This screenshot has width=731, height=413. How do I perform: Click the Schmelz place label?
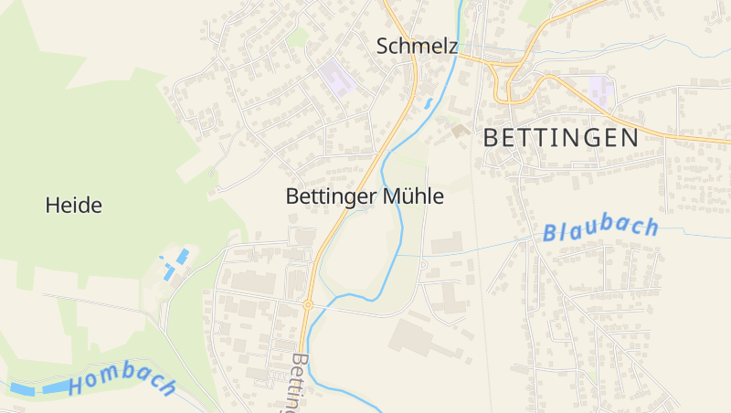[x=417, y=46]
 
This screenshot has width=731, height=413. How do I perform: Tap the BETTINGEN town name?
[x=559, y=138]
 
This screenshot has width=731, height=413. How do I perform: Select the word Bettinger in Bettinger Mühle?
[x=325, y=196]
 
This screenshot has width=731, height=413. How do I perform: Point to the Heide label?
[x=73, y=206]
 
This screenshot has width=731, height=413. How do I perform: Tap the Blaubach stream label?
[x=600, y=229]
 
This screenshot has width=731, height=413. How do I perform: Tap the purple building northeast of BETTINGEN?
[x=600, y=90]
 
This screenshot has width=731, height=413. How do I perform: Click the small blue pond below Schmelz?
[x=428, y=103]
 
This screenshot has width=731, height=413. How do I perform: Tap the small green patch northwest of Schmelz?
[x=299, y=38]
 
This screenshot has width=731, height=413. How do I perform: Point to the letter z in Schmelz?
[x=451, y=46]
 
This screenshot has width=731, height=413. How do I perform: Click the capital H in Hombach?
[x=76, y=387]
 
